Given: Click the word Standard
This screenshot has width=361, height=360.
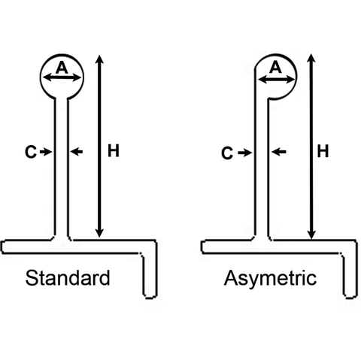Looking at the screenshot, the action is point(68,278).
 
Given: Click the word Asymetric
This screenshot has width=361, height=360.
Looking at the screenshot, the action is point(270,279).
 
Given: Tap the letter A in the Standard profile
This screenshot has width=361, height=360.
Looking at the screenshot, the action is point(62,68).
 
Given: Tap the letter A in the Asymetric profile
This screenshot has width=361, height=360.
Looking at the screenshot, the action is point(275,68).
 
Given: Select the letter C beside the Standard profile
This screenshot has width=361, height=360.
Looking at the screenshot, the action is point(31,152).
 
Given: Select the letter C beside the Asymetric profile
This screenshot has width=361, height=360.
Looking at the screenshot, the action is point(227,153).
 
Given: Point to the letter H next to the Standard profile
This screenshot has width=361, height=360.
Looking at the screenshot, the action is point(113,151).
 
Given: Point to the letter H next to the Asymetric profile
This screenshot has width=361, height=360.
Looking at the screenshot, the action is point(323,151).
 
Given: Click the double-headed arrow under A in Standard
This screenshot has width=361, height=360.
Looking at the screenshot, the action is point(62,78).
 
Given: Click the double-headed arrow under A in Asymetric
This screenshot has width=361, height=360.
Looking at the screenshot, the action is point(276,80).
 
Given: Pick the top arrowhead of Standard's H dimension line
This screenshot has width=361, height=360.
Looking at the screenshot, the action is point(100,59).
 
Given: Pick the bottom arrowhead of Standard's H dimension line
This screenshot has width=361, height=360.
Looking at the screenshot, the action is point(100,233).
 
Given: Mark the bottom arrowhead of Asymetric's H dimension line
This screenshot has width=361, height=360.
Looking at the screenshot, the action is point(311,234).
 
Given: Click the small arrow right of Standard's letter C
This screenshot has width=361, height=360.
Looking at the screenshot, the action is point(46,152).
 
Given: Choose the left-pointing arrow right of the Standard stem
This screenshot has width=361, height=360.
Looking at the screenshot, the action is point(76,151).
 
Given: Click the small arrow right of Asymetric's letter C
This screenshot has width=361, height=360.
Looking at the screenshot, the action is point(244,153).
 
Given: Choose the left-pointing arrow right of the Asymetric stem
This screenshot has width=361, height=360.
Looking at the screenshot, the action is point(279,152).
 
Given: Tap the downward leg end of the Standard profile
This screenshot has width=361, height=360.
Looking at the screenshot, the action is point(150,296).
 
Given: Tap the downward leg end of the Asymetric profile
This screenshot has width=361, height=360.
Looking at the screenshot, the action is point(350,296).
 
